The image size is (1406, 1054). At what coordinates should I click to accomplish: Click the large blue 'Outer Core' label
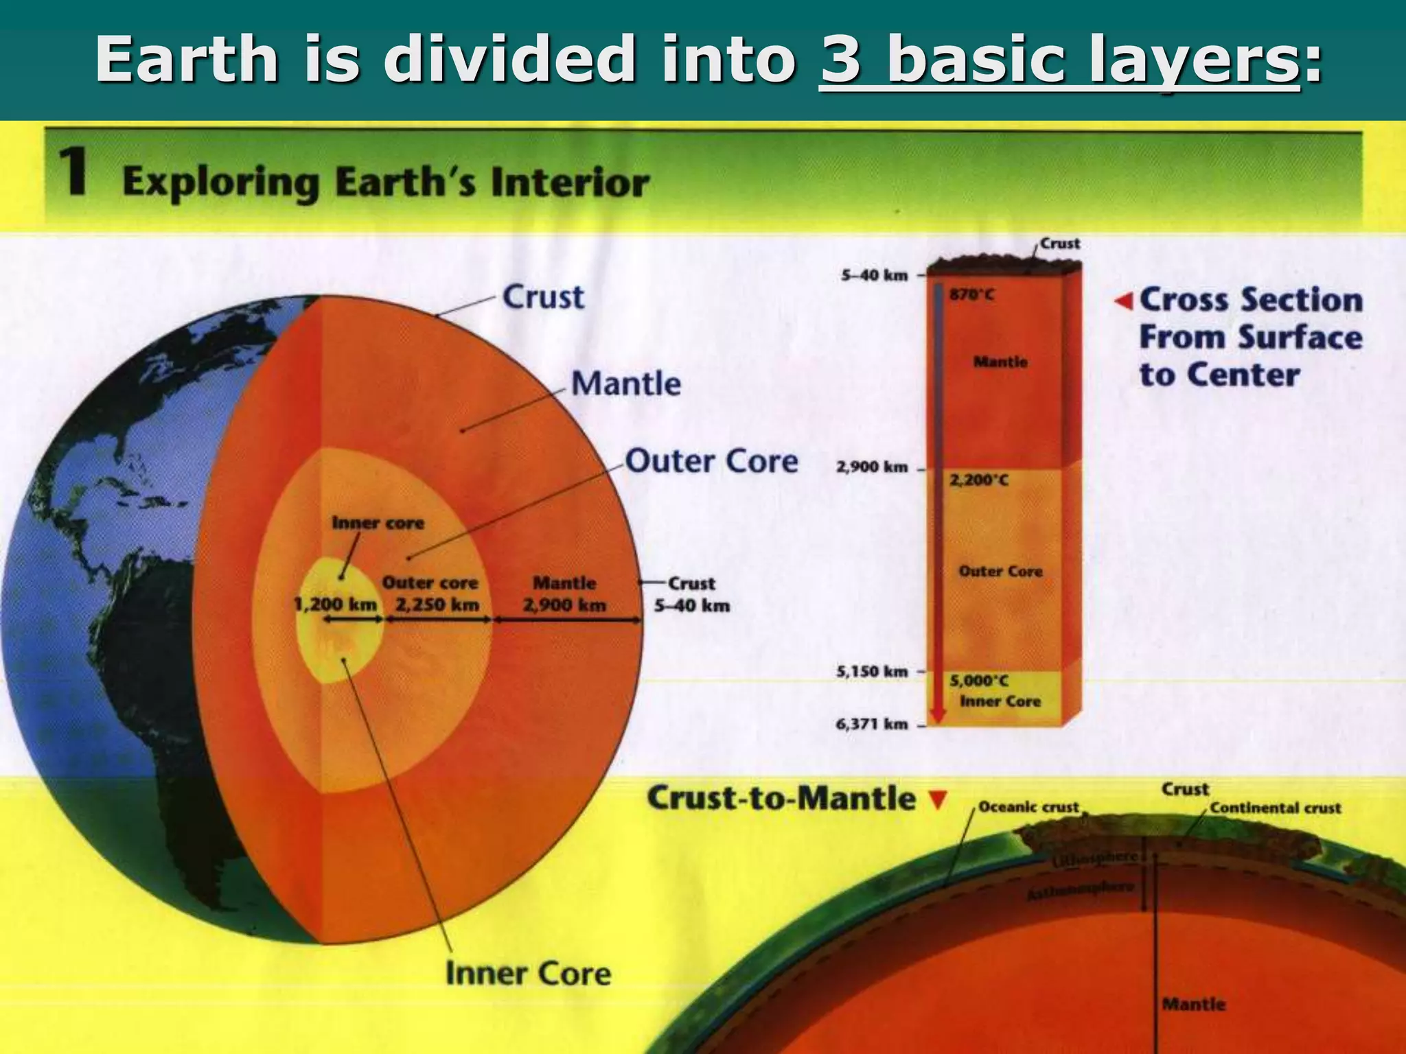[x=711, y=461]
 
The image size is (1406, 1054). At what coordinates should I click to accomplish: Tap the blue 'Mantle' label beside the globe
[x=625, y=383]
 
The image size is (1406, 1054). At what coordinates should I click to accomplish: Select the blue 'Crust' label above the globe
[x=543, y=297]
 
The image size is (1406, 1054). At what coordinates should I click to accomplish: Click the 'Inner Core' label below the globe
[x=528, y=974]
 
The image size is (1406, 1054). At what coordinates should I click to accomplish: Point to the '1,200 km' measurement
[x=335, y=605]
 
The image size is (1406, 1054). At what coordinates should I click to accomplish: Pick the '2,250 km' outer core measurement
[x=437, y=605]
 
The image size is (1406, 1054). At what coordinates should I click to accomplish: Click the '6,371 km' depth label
[x=872, y=724]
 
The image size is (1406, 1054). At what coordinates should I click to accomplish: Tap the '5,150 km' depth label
[x=872, y=671]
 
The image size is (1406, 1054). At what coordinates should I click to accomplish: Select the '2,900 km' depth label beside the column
[x=872, y=467]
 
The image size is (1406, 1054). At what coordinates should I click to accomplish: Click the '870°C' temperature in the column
[x=971, y=295]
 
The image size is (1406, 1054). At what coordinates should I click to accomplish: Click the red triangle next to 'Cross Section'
[x=1123, y=301]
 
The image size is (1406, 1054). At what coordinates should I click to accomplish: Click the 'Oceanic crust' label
[x=1028, y=807]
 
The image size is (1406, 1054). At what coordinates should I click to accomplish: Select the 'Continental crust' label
[x=1275, y=808]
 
